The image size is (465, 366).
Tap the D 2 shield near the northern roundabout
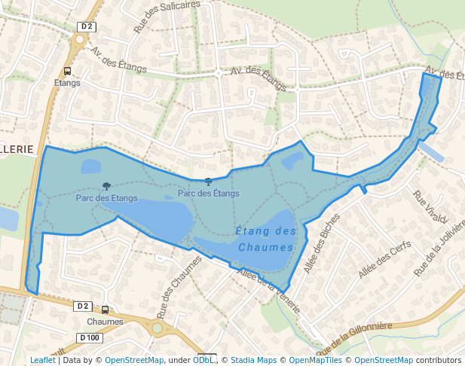pyautogui.click(x=87, y=26)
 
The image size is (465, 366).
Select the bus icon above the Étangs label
pyautogui.click(x=67, y=72)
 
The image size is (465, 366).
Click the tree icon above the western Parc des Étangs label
pyautogui.click(x=106, y=186)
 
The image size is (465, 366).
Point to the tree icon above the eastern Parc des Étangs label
pyautogui.click(x=208, y=181)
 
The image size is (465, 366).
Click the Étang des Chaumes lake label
pyautogui.click(x=265, y=239)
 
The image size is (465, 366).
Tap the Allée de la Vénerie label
pyautogui.click(x=269, y=291)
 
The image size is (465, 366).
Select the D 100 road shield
pyautogui.click(x=89, y=337)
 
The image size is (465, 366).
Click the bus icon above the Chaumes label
pyautogui.click(x=105, y=310)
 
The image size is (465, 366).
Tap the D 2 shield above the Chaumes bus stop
pyautogui.click(x=83, y=306)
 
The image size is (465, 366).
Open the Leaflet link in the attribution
pyautogui.click(x=42, y=360)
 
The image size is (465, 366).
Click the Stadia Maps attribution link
pyautogui.click(x=253, y=360)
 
